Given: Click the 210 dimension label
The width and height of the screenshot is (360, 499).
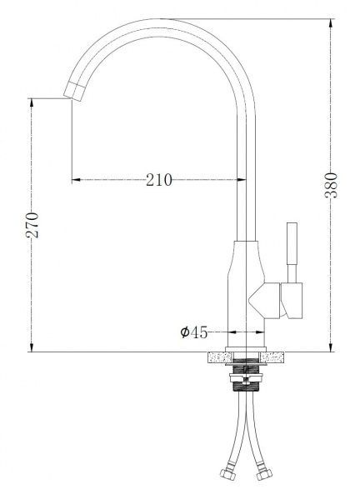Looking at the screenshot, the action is click(x=159, y=180).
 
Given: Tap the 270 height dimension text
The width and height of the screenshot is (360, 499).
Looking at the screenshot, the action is click(x=32, y=225).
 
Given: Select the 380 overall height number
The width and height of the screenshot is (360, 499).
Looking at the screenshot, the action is click(x=331, y=185).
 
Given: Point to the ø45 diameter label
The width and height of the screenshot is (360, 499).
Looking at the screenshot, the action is click(x=194, y=332).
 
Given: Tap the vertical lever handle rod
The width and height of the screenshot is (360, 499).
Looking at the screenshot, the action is click(x=292, y=252).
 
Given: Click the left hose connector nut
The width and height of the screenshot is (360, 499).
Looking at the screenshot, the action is click(x=227, y=475).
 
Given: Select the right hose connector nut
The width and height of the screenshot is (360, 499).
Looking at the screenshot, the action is click(x=264, y=475).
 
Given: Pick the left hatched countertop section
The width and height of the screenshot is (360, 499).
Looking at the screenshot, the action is click(x=220, y=357).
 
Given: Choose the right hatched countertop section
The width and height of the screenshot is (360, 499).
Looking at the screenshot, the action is click(x=272, y=357).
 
